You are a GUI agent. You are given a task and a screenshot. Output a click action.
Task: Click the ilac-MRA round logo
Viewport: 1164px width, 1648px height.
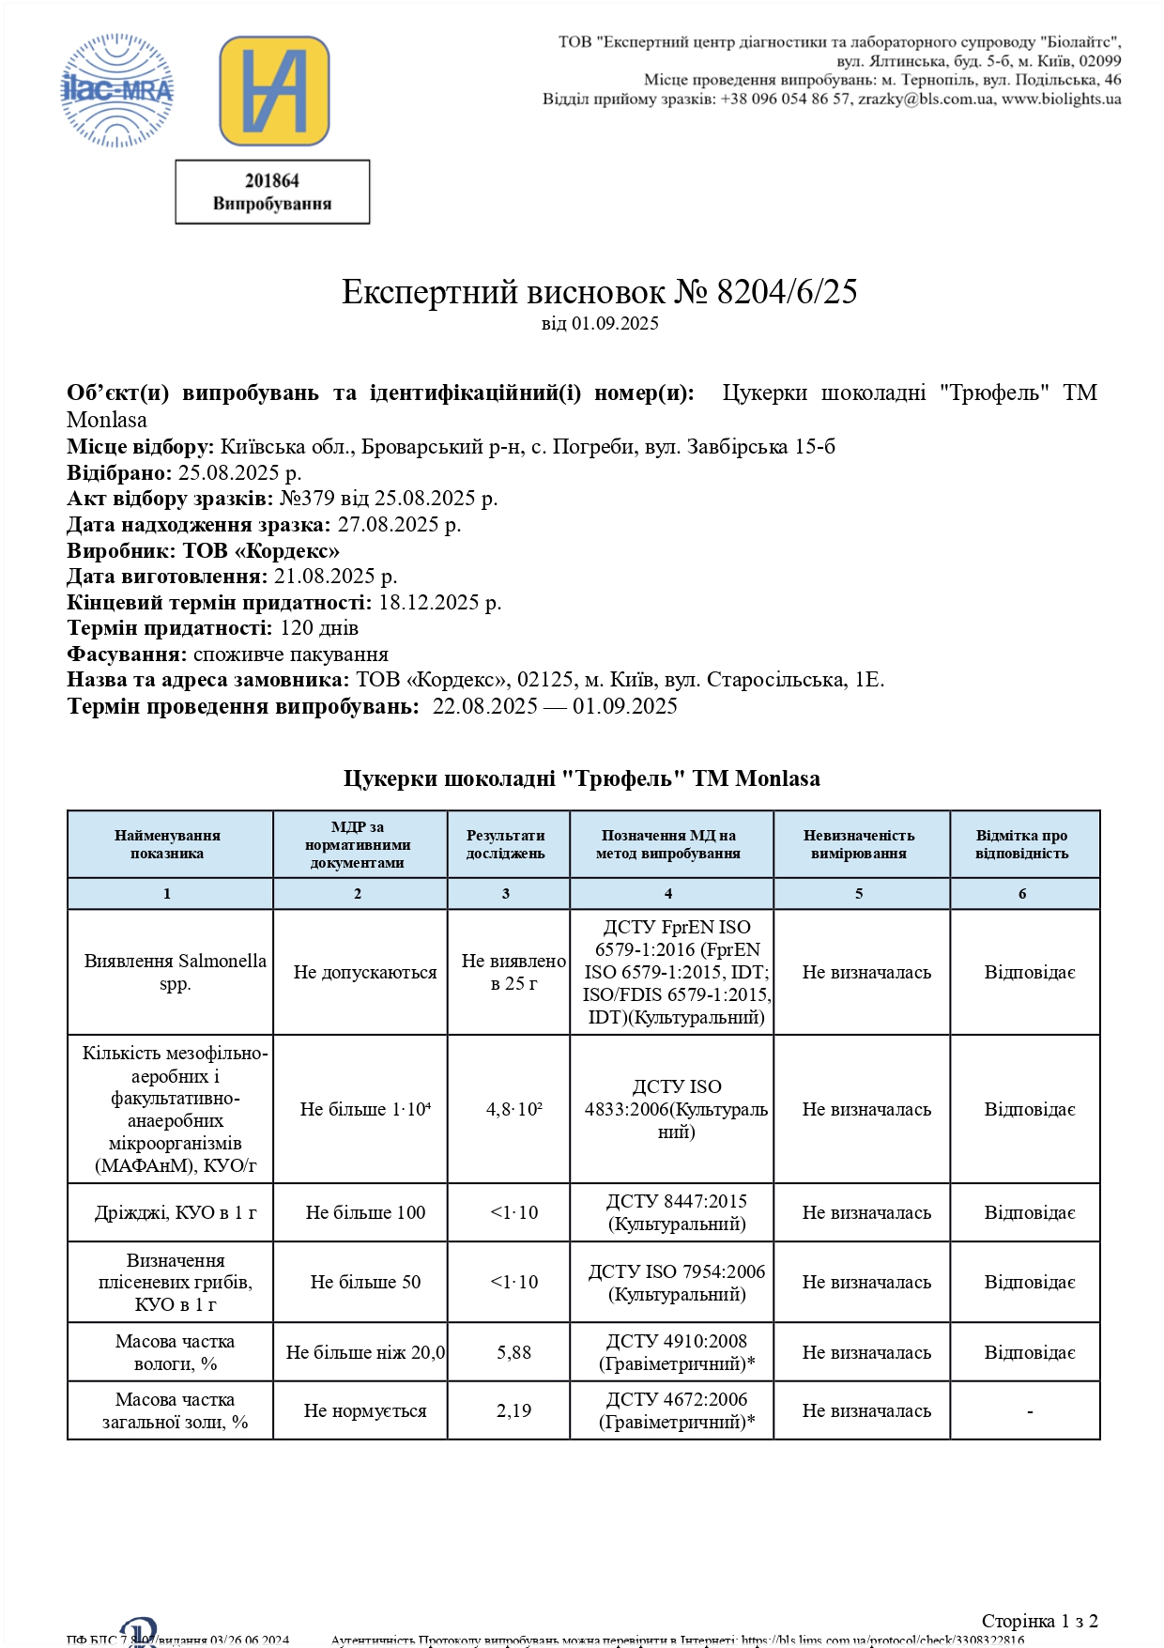click(x=117, y=91)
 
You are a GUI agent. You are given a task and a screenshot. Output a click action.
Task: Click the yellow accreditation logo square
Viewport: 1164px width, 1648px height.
click(x=274, y=91)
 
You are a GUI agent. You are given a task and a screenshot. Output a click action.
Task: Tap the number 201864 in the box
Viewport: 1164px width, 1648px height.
click(x=272, y=180)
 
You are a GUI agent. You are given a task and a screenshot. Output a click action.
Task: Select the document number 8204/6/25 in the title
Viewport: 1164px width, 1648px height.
click(x=787, y=292)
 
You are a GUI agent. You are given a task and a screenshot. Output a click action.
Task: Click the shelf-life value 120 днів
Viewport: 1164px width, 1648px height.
click(x=319, y=628)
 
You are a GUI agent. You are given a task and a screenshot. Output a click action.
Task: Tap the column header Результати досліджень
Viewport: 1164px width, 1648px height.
click(x=506, y=844)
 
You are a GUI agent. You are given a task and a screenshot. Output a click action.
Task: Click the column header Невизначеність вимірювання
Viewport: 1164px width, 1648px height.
click(x=859, y=844)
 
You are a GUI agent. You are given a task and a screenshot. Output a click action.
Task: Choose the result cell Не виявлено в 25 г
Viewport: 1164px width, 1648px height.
click(x=513, y=972)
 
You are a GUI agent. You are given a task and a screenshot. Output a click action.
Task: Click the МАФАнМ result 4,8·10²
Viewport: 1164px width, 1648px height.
click(x=513, y=1109)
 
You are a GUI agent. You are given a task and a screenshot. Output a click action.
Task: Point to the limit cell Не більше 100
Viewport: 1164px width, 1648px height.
click(x=365, y=1212)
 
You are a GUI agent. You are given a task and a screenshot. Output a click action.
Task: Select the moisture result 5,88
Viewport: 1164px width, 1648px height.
click(x=513, y=1352)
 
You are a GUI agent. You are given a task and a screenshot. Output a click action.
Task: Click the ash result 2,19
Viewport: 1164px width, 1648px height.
click(x=513, y=1410)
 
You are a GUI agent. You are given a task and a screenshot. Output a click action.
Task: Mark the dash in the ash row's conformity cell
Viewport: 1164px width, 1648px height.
click(x=1030, y=1411)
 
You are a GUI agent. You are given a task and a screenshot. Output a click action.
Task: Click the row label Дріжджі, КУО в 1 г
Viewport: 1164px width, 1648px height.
click(x=176, y=1212)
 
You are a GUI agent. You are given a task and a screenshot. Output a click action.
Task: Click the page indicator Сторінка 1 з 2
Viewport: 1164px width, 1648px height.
click(x=1039, y=1621)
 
